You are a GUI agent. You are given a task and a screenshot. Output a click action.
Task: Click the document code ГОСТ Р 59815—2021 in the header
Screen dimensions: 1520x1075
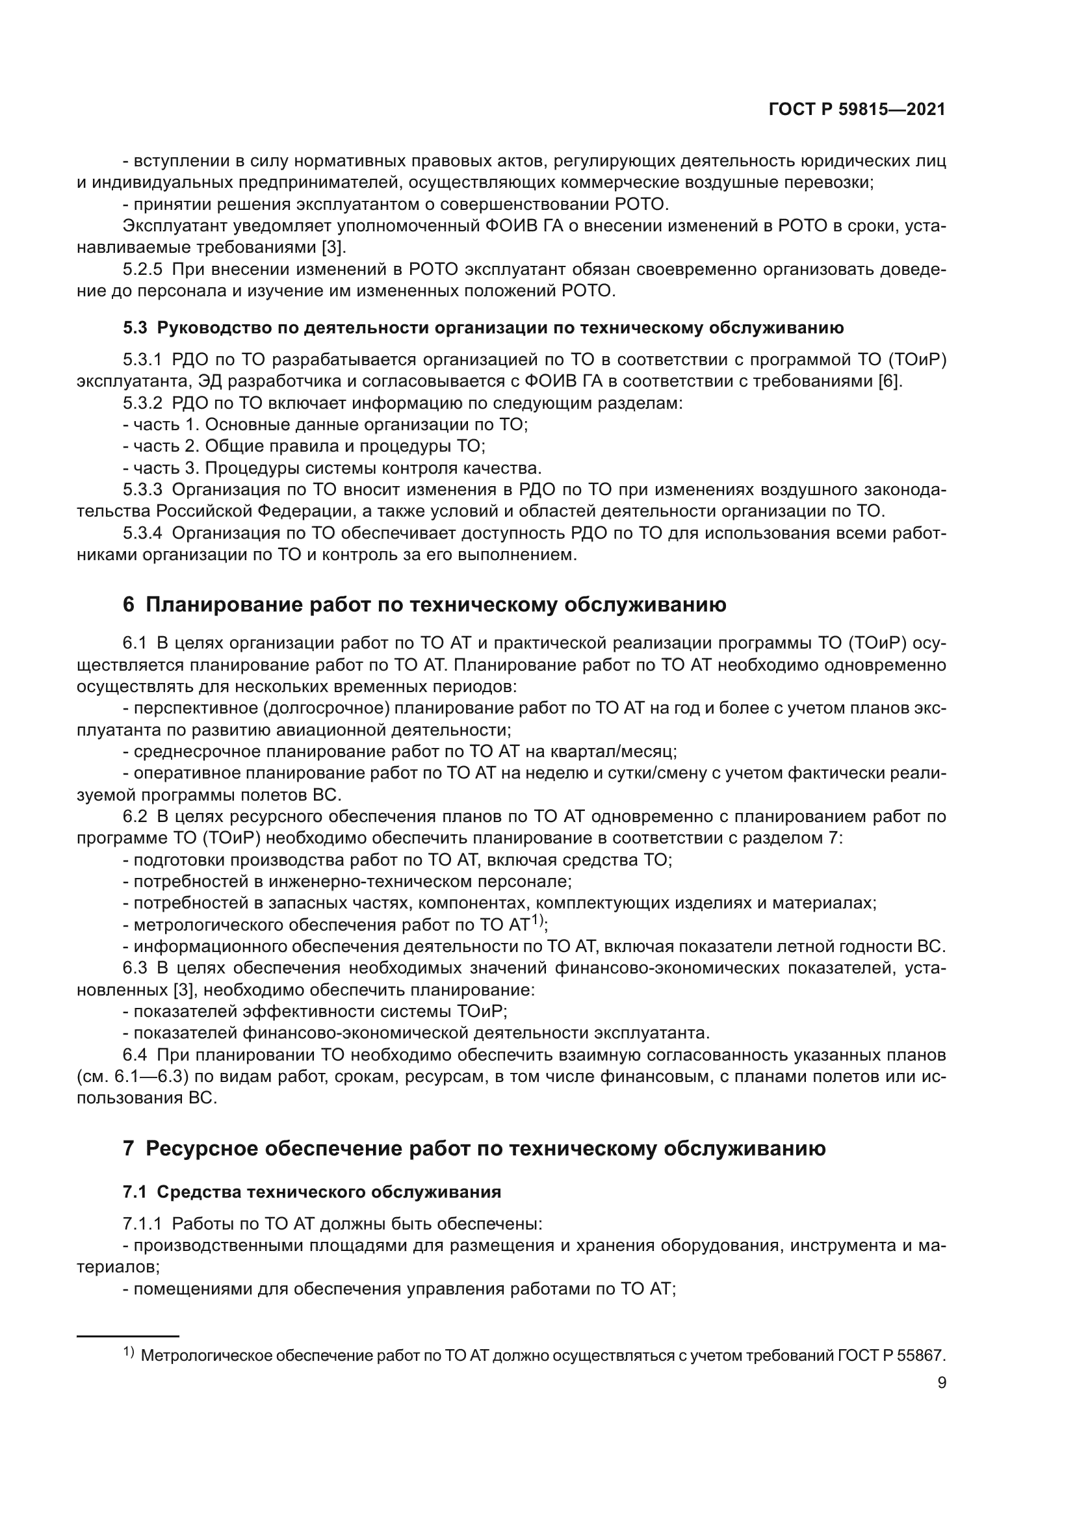(x=857, y=109)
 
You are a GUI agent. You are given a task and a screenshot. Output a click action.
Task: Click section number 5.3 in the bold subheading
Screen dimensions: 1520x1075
(x=135, y=328)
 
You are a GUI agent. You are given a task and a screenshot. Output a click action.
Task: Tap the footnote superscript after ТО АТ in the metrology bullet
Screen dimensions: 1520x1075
(x=537, y=920)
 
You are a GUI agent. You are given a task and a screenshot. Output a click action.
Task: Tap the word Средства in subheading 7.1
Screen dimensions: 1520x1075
(x=199, y=1192)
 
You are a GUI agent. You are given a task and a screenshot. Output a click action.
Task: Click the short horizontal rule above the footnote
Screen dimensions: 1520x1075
(x=128, y=1337)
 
